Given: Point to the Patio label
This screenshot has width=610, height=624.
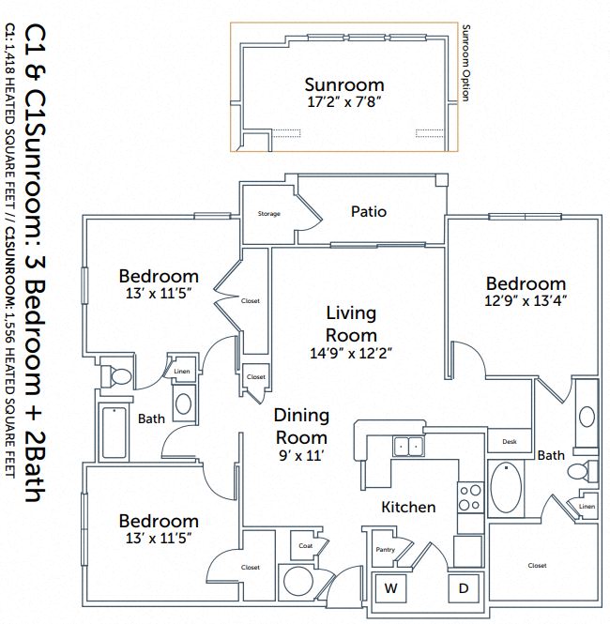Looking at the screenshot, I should click(x=368, y=211).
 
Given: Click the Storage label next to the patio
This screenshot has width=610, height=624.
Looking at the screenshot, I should click(x=268, y=214).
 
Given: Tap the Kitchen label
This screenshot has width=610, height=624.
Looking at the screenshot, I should click(x=408, y=507).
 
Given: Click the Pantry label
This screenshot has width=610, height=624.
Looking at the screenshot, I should click(x=385, y=550).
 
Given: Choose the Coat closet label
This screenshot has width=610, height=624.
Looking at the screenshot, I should click(x=305, y=545).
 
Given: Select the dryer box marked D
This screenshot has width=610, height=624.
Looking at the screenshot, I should click(x=463, y=589).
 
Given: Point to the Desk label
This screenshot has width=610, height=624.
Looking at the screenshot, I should click(x=510, y=441).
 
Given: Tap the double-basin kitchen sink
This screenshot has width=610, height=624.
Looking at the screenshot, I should click(x=407, y=446).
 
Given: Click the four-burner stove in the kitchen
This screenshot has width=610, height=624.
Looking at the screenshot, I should click(x=468, y=495).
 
